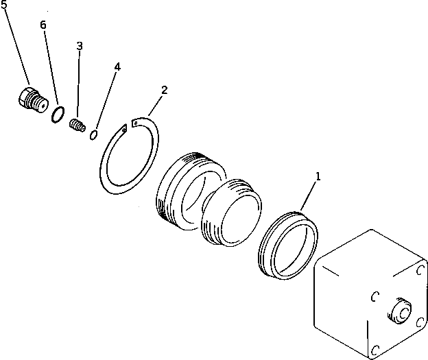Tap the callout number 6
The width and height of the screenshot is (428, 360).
coord(43,25)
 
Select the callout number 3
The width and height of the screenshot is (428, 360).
coord(80,46)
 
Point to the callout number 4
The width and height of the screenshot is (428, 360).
coord(117,67)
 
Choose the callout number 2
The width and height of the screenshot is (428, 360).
coord(164,90)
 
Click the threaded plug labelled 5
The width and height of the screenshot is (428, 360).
coord(31,100)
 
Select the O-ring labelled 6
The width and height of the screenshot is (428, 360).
coord(58,115)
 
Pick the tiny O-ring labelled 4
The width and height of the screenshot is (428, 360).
coord(94,135)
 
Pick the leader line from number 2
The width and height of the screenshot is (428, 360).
coord(152,105)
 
